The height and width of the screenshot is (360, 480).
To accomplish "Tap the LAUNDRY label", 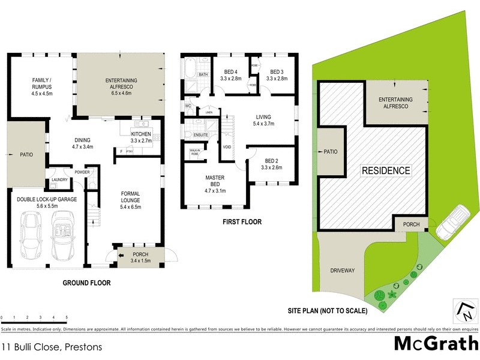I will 59,179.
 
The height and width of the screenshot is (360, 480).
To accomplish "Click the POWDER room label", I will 82,172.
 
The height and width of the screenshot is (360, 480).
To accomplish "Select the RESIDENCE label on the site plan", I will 385,171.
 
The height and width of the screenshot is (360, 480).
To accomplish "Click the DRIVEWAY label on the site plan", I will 343,271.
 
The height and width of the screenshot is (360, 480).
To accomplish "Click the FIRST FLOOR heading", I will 242,221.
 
